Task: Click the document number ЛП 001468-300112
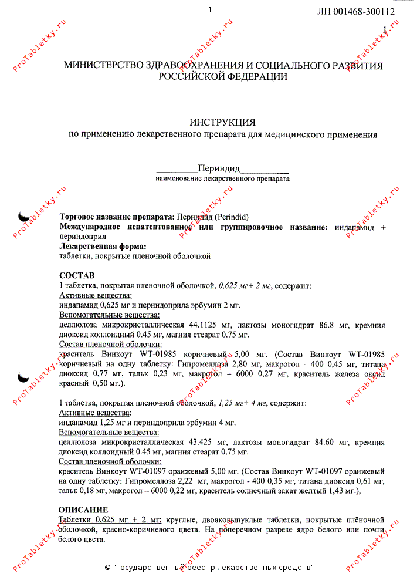pyautogui.click(x=355, y=11)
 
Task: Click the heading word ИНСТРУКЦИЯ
pyautogui.click(x=222, y=122)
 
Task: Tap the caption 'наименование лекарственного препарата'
pyautogui.click(x=222, y=178)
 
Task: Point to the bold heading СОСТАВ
pyautogui.click(x=77, y=275)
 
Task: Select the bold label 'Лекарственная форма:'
pyautogui.click(x=103, y=247)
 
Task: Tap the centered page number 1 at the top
pyautogui.click(x=210, y=9)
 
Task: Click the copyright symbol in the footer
pyautogui.click(x=107, y=568)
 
